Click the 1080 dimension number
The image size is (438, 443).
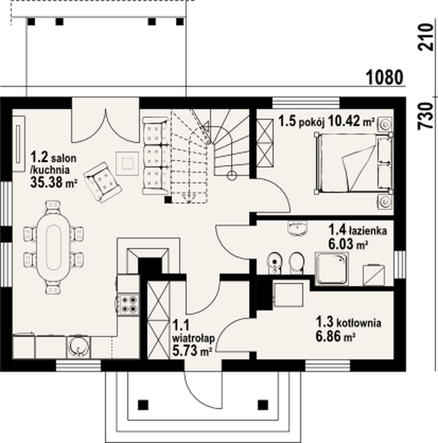tap(384, 78)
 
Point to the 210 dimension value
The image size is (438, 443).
tap(425, 37)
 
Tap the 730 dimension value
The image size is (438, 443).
tap(425, 116)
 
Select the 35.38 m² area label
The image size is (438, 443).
tap(54, 182)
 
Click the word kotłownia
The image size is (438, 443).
tap(359, 323)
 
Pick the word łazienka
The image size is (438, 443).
tap(368, 230)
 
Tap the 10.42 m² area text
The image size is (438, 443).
tap(351, 121)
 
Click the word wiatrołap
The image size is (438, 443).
tap(193, 338)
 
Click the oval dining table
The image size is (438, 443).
tap(53, 247)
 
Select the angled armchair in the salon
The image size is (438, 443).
tap(103, 182)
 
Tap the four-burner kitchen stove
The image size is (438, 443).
tap(128, 304)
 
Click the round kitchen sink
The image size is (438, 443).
tap(78, 347)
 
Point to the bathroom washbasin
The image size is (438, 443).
tap(297, 228)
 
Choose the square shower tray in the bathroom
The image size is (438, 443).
tap(332, 268)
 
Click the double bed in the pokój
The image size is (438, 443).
tap(354, 163)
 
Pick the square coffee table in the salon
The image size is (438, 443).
tap(128, 163)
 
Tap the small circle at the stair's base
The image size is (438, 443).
tap(232, 176)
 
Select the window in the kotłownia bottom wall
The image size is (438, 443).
tap(328, 365)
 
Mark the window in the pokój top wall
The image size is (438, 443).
tap(306, 103)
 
